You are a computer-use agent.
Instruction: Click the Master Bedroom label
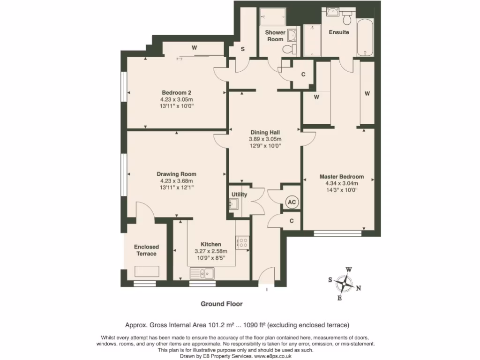click(x=341, y=177)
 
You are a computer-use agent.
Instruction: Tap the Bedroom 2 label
click(x=176, y=93)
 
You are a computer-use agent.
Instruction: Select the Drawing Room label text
click(x=176, y=174)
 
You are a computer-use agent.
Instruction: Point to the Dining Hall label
click(x=265, y=133)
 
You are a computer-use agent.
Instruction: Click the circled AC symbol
click(x=292, y=202)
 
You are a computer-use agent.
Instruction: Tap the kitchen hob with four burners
click(x=243, y=242)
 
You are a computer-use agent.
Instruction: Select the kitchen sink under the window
click(x=202, y=272)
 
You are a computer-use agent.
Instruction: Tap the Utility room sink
click(x=233, y=203)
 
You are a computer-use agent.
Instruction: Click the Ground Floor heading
click(x=222, y=304)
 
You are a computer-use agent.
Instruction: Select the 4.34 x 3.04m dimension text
click(x=341, y=183)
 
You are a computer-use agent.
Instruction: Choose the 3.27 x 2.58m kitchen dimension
click(x=210, y=251)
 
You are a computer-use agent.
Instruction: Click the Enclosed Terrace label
click(x=146, y=250)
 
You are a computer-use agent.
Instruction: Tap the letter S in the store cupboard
click(x=243, y=49)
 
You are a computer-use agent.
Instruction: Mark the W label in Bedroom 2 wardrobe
click(x=194, y=48)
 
